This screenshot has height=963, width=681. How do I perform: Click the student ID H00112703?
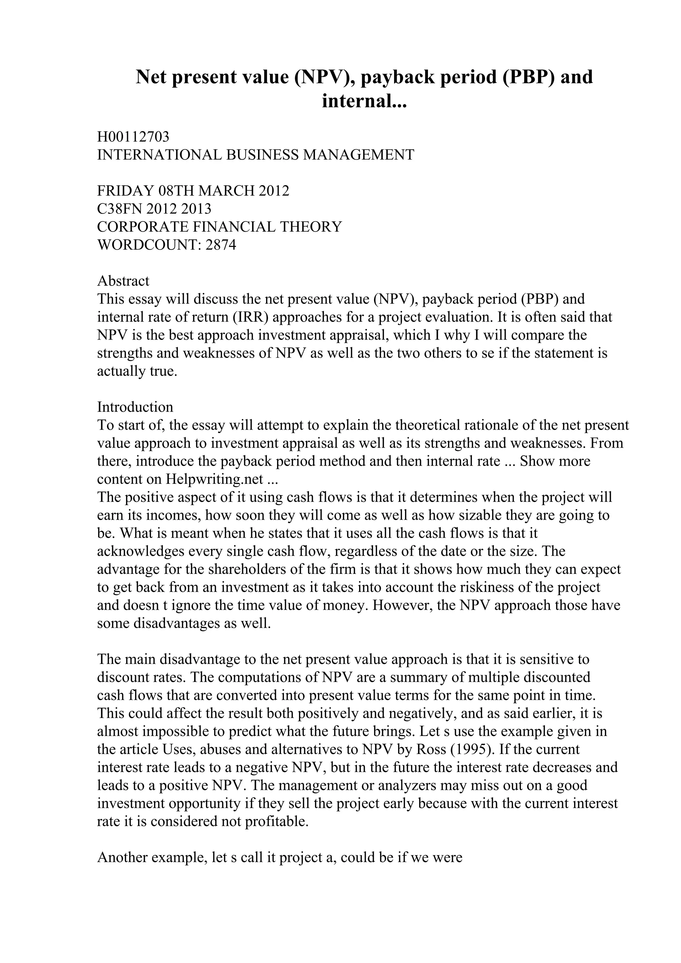pyautogui.click(x=133, y=137)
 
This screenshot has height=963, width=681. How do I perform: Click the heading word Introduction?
pyautogui.click(x=135, y=407)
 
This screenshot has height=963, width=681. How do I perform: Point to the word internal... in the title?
pyautogui.click(x=364, y=101)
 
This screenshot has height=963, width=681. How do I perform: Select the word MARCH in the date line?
pyautogui.click(x=226, y=191)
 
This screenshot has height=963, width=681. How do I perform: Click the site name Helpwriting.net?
pyautogui.click(x=214, y=479)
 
